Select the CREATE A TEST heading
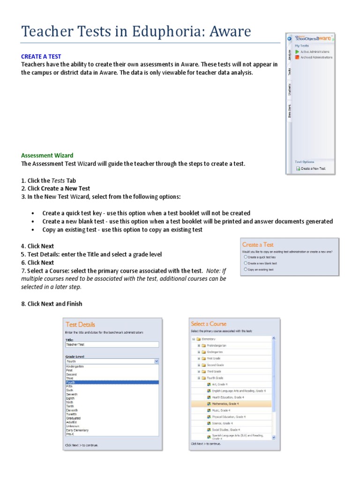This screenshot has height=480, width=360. click(41, 56)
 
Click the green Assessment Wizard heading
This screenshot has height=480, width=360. click(47, 155)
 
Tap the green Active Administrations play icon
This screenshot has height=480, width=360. click(297, 52)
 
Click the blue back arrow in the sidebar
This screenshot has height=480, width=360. click(290, 39)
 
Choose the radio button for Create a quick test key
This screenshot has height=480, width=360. click(245, 257)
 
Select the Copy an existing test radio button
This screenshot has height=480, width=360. click(245, 270)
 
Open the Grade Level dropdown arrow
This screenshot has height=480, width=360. click(157, 361)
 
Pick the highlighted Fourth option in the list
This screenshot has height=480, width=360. click(112, 382)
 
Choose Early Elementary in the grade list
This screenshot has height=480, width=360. click(78, 430)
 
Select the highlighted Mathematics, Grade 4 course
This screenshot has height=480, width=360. click(225, 403)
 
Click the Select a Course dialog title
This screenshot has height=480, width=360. click(209, 324)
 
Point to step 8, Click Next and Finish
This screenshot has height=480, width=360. click(52, 304)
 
